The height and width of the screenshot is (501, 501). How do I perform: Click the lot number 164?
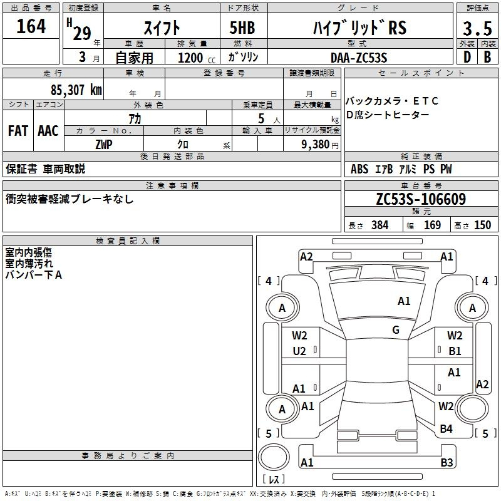[x=31, y=26]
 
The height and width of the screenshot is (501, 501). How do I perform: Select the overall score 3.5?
[x=477, y=28]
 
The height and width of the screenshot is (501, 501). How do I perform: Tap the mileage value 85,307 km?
[x=76, y=90]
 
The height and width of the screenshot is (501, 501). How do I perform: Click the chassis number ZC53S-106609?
[x=421, y=199]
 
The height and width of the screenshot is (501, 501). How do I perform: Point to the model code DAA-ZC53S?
[x=359, y=58]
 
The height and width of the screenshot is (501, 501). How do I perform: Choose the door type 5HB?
[x=242, y=28]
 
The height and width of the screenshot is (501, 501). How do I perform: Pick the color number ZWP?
[x=104, y=145]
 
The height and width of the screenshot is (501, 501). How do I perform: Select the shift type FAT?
[x=18, y=131]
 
